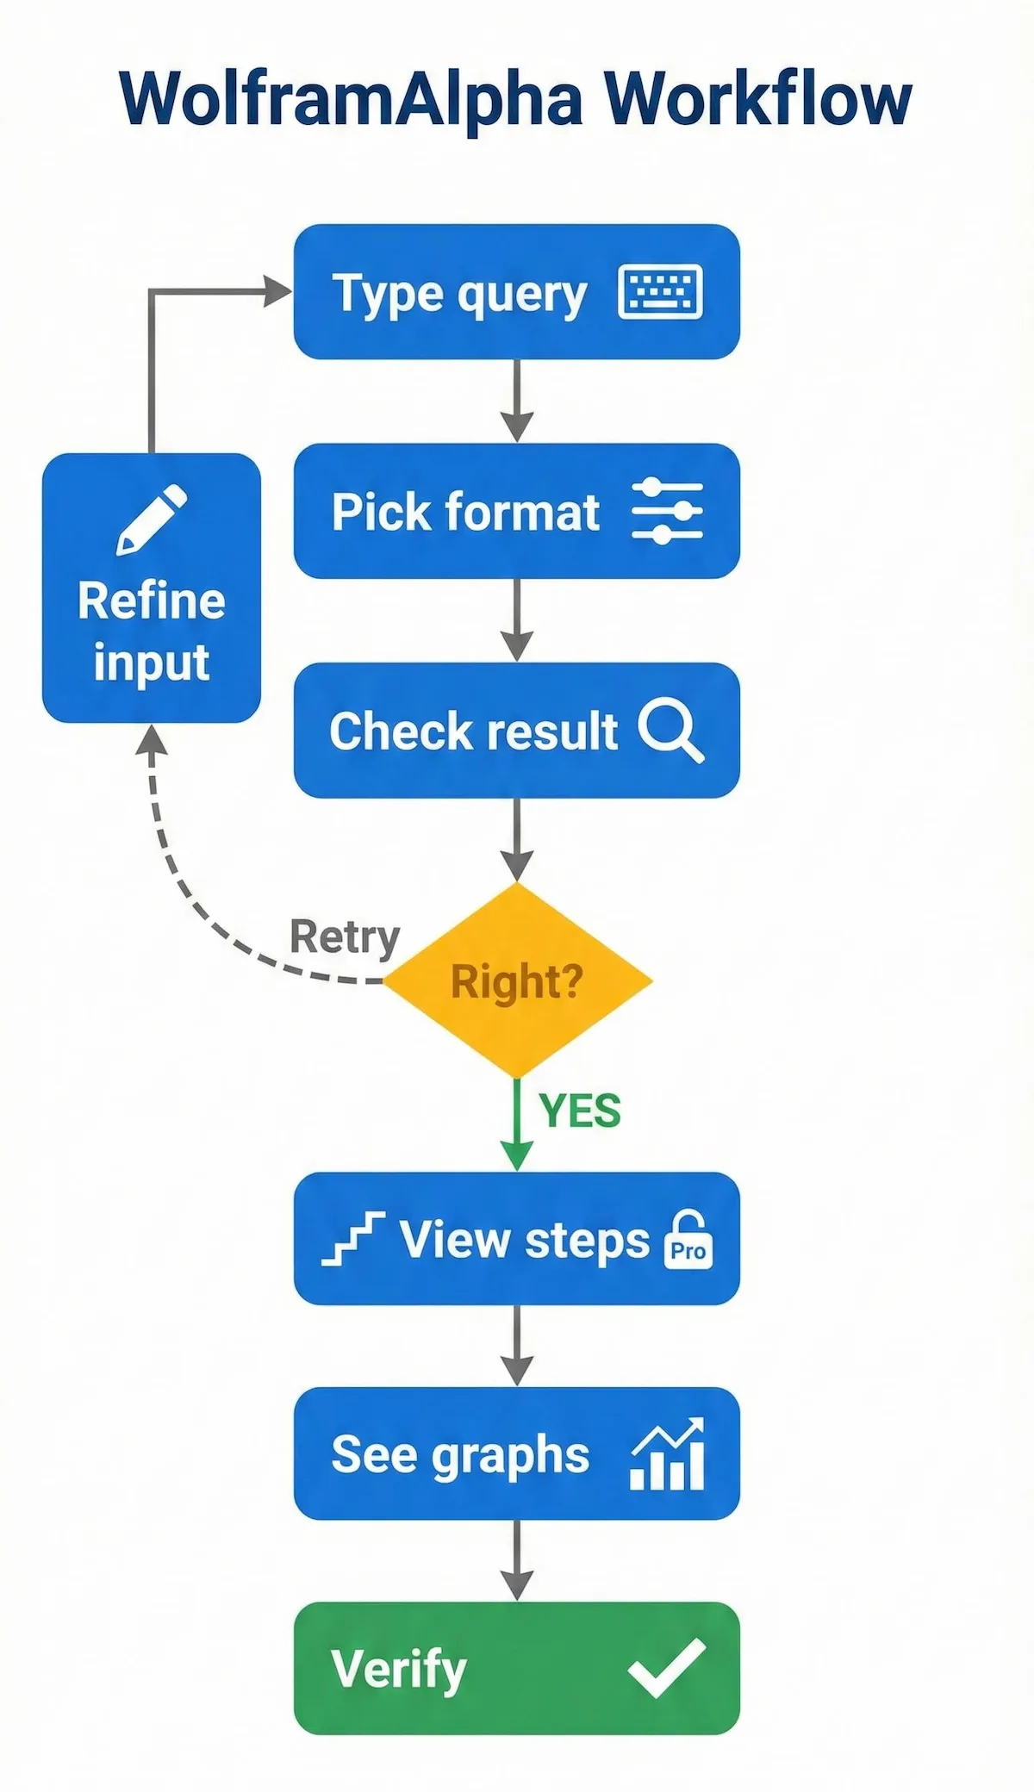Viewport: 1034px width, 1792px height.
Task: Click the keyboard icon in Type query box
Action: pyautogui.click(x=660, y=293)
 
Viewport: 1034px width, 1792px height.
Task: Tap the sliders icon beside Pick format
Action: pyautogui.click(x=667, y=511)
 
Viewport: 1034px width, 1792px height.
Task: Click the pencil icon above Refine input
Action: pyautogui.click(x=151, y=519)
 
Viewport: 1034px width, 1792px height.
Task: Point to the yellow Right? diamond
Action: pyautogui.click(x=517, y=980)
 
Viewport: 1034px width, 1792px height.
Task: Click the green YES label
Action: pyautogui.click(x=580, y=1111)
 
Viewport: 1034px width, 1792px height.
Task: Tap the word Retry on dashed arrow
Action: pyautogui.click(x=345, y=936)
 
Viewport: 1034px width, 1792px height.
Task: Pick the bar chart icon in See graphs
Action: pyautogui.click(x=667, y=1455)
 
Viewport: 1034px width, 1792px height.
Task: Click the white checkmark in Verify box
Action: pyautogui.click(x=666, y=1668)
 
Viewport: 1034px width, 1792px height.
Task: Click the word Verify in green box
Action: pyautogui.click(x=398, y=1669)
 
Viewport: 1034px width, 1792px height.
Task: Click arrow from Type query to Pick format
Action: pyautogui.click(x=516, y=401)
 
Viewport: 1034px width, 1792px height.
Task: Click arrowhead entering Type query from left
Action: pyautogui.click(x=277, y=291)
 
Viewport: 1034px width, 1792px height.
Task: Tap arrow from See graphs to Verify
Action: pyautogui.click(x=516, y=1560)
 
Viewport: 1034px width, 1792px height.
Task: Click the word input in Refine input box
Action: pyautogui.click(x=151, y=663)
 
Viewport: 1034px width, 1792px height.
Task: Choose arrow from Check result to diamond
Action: pyautogui.click(x=516, y=840)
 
